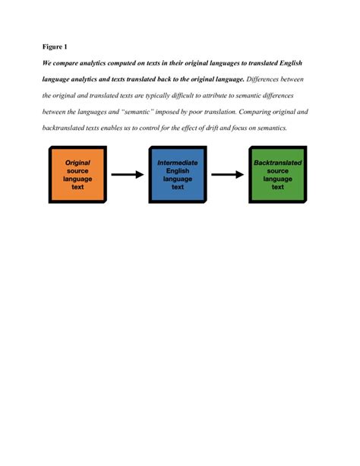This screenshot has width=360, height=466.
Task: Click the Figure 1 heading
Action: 55,47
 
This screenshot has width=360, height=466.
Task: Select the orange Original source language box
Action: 77,175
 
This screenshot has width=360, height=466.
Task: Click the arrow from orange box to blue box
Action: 127,175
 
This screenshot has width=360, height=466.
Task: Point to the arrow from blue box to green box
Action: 227,175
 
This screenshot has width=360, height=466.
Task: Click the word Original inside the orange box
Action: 77,163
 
